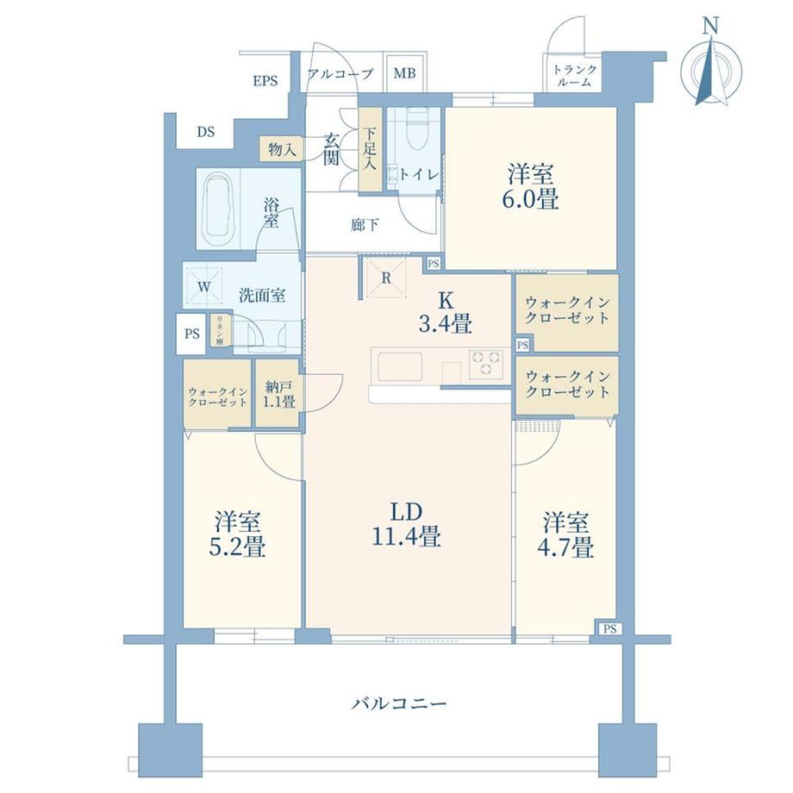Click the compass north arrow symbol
712,62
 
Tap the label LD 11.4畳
407,524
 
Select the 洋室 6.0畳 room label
530,186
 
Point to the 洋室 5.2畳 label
238,534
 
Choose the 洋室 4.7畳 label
565,534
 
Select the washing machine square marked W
204,287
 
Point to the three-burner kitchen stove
485,363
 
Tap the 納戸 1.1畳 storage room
278,393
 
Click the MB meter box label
404,73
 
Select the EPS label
265,81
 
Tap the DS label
205,132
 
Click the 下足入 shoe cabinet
370,149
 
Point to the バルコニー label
399,703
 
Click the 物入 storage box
281,149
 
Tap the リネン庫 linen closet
220,330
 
